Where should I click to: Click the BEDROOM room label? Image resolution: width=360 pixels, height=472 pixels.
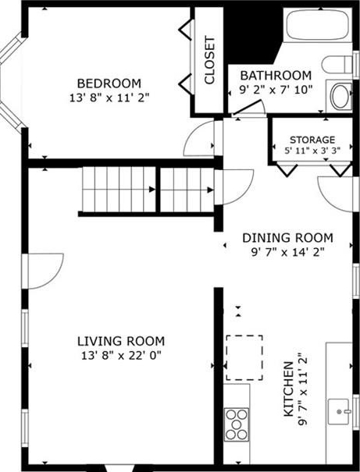109,83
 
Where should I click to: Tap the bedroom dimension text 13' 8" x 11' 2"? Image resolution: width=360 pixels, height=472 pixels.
109,98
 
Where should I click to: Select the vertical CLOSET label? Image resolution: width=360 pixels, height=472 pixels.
209,60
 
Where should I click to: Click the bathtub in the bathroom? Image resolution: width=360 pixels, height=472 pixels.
318,25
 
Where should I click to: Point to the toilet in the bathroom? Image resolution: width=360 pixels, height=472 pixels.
337,65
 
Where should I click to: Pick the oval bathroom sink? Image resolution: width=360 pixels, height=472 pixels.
340,96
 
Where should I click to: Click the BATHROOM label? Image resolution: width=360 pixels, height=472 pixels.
276,75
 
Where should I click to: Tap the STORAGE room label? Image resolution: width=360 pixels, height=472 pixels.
312,140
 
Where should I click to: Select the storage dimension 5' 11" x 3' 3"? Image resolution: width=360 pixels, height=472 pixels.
312,151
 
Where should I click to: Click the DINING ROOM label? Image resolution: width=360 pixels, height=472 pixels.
287,238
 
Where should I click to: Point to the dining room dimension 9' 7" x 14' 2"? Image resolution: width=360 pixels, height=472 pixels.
287,252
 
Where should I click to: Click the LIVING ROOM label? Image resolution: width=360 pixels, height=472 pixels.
121,342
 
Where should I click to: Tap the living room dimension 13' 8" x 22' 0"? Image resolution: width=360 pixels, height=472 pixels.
121,356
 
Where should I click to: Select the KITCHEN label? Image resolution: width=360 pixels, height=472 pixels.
289,389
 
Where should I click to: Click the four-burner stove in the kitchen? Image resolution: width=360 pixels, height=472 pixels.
237,424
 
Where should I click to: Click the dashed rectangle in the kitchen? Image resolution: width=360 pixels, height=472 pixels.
244,357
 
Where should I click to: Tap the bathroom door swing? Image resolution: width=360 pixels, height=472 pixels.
249,107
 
